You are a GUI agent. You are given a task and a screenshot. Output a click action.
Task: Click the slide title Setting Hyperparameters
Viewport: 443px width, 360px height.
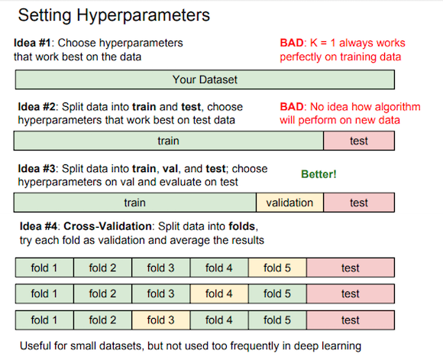click(x=114, y=15)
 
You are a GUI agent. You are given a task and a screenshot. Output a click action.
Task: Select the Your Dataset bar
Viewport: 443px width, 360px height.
click(x=205, y=79)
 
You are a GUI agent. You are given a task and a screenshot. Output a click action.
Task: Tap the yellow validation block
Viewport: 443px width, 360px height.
click(x=289, y=203)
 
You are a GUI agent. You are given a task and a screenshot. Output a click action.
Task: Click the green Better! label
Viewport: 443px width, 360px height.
click(x=319, y=174)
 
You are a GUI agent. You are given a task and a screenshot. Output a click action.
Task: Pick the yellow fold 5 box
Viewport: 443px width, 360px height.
click(x=277, y=268)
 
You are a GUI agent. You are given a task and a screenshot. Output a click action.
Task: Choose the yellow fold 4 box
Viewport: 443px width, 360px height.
click(x=219, y=294)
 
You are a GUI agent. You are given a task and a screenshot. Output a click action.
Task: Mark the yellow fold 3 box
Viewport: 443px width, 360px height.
click(x=160, y=320)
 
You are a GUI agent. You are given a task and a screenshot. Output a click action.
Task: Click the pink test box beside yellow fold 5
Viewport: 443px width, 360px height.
click(x=351, y=268)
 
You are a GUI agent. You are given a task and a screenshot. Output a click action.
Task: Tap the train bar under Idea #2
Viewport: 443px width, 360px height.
click(x=168, y=141)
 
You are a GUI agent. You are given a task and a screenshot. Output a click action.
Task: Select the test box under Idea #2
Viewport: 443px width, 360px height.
click(x=359, y=141)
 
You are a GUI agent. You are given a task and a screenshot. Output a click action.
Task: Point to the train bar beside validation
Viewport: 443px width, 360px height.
click(x=135, y=203)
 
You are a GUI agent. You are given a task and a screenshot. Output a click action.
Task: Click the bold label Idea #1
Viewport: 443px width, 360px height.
click(x=32, y=43)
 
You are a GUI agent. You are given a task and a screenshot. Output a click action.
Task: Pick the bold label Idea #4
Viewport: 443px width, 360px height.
click(x=38, y=226)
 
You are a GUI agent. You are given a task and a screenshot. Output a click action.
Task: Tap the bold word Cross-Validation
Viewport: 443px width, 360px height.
click(x=108, y=226)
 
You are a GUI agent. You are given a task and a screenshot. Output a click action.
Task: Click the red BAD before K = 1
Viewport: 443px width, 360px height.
click(x=292, y=43)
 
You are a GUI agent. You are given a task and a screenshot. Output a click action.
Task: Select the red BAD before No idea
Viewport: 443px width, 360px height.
click(x=292, y=107)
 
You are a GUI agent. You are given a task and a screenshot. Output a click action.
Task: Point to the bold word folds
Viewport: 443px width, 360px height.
click(x=242, y=226)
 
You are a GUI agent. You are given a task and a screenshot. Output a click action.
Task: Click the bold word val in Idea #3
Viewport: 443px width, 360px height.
click(x=170, y=169)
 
